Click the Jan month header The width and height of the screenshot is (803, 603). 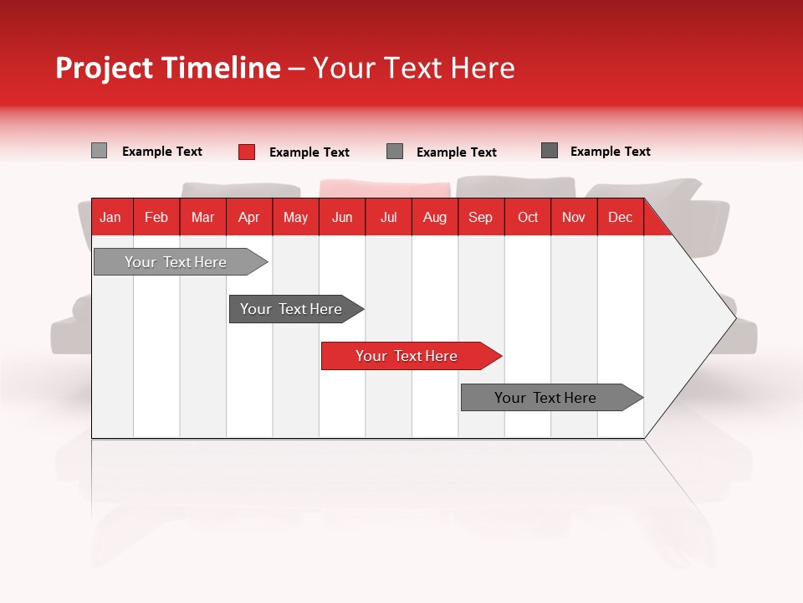tap(110, 217)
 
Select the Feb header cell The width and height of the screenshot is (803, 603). tap(156, 217)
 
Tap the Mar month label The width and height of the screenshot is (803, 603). tap(202, 217)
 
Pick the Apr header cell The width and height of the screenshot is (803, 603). tap(249, 217)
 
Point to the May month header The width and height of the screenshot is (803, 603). tap(295, 217)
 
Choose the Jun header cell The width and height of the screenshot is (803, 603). tap(342, 217)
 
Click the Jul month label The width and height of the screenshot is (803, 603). tap(388, 217)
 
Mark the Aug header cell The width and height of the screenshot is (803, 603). tap(435, 217)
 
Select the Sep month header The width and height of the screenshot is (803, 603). tap(481, 217)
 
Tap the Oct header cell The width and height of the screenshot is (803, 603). tap(528, 217)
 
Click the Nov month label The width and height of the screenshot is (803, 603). tap(574, 217)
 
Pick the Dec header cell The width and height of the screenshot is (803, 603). tap(621, 217)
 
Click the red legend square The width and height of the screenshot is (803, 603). tap(247, 152)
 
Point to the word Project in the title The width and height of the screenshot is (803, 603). tap(105, 68)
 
